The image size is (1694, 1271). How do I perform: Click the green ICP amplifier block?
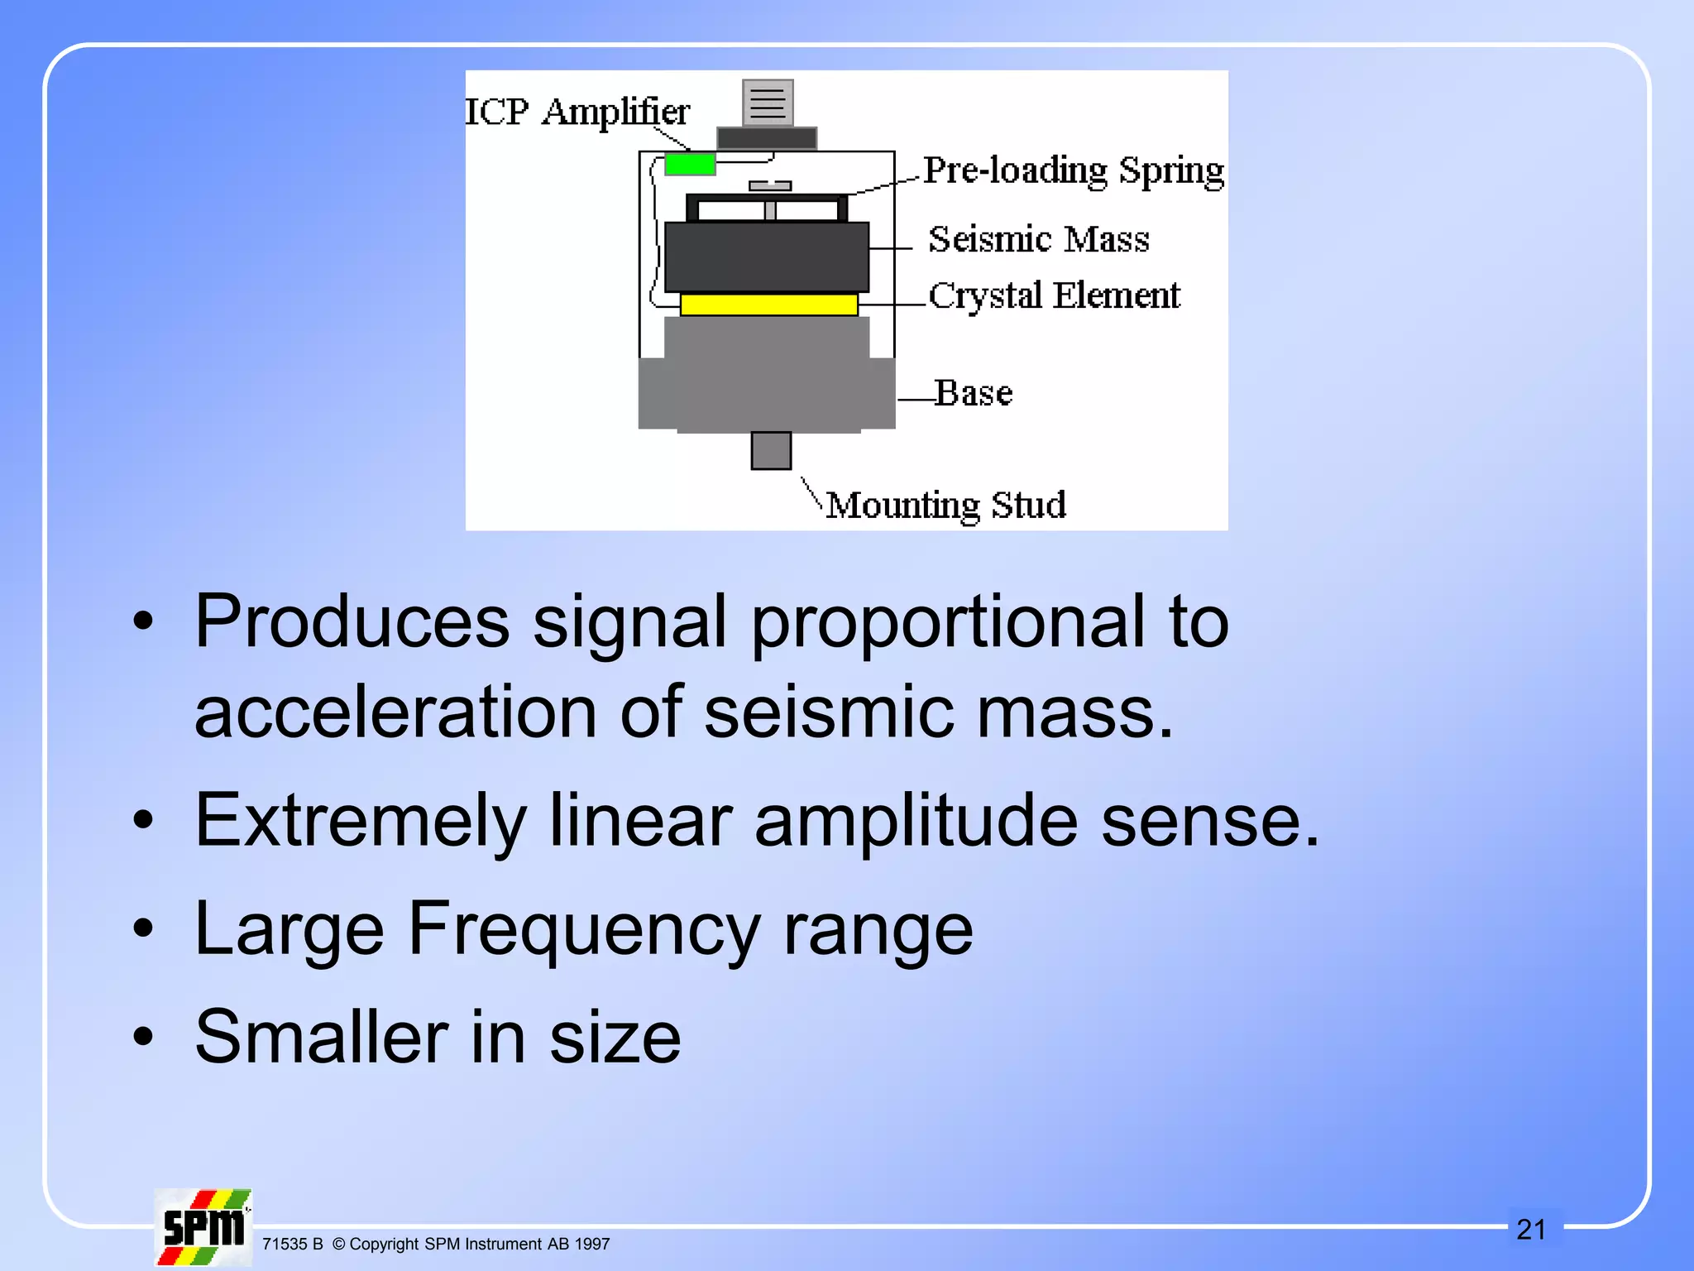pos(690,164)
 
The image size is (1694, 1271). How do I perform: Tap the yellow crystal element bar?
pos(768,305)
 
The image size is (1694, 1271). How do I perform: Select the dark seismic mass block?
pos(767,257)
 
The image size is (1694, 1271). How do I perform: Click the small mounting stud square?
pos(771,451)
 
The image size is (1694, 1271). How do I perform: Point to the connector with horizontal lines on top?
pos(768,103)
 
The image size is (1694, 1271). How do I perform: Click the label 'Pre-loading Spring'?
pos(1073,171)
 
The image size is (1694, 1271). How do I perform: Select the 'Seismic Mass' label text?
pos(1038,240)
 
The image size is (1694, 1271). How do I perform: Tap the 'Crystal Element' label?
pos(1054,296)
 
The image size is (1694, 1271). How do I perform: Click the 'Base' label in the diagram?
pos(974,393)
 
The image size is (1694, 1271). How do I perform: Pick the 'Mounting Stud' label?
pos(945,505)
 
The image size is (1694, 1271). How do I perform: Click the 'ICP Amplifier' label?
pos(577,112)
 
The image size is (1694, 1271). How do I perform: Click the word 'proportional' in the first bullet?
pos(948,622)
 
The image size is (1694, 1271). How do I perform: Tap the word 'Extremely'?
pos(361,821)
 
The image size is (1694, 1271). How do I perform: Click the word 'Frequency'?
pos(583,930)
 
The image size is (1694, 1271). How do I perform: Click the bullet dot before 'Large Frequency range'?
pos(143,928)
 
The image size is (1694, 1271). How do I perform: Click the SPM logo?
pos(203,1228)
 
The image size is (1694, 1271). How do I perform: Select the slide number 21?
pos(1531,1230)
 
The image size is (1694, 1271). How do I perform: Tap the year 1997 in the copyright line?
pos(591,1245)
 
